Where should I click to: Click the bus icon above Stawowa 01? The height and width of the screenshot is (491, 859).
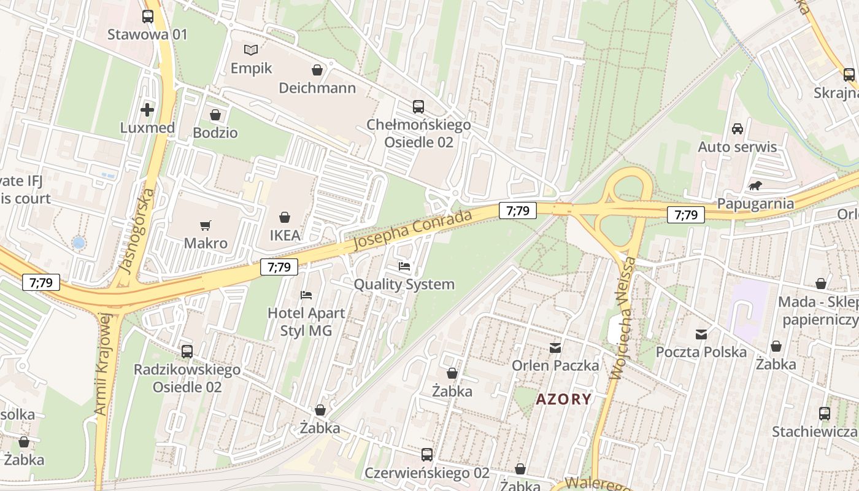coord(147,17)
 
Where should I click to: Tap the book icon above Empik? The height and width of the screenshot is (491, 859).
coord(251,50)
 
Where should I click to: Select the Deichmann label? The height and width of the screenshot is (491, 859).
coord(317,88)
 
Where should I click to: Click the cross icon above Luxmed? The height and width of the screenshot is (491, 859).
coord(147,110)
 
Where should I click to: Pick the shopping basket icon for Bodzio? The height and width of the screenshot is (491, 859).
coord(215,115)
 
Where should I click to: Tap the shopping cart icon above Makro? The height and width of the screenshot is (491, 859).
coord(206,225)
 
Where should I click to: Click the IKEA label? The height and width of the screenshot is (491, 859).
coord(285,235)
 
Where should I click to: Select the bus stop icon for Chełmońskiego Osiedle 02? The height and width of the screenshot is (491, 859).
coord(418,107)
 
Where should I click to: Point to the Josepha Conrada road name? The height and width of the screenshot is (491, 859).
coord(412,230)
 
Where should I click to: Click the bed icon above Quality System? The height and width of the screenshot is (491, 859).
coord(404,266)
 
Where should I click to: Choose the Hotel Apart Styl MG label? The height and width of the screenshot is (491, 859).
coord(306,322)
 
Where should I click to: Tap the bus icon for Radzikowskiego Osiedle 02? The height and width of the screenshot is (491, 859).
coord(187,352)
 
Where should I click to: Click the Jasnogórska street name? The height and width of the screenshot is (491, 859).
coord(136,231)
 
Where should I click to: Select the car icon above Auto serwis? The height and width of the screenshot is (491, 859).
coord(738,129)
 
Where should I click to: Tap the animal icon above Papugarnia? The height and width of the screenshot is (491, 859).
coord(755,185)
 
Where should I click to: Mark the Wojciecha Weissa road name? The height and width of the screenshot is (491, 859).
coord(622,319)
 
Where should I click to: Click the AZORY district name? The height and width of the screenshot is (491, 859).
coord(564,400)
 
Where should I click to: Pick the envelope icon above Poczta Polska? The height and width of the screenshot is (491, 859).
coord(701,334)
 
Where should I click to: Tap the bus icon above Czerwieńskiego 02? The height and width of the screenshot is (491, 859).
coord(427,455)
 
